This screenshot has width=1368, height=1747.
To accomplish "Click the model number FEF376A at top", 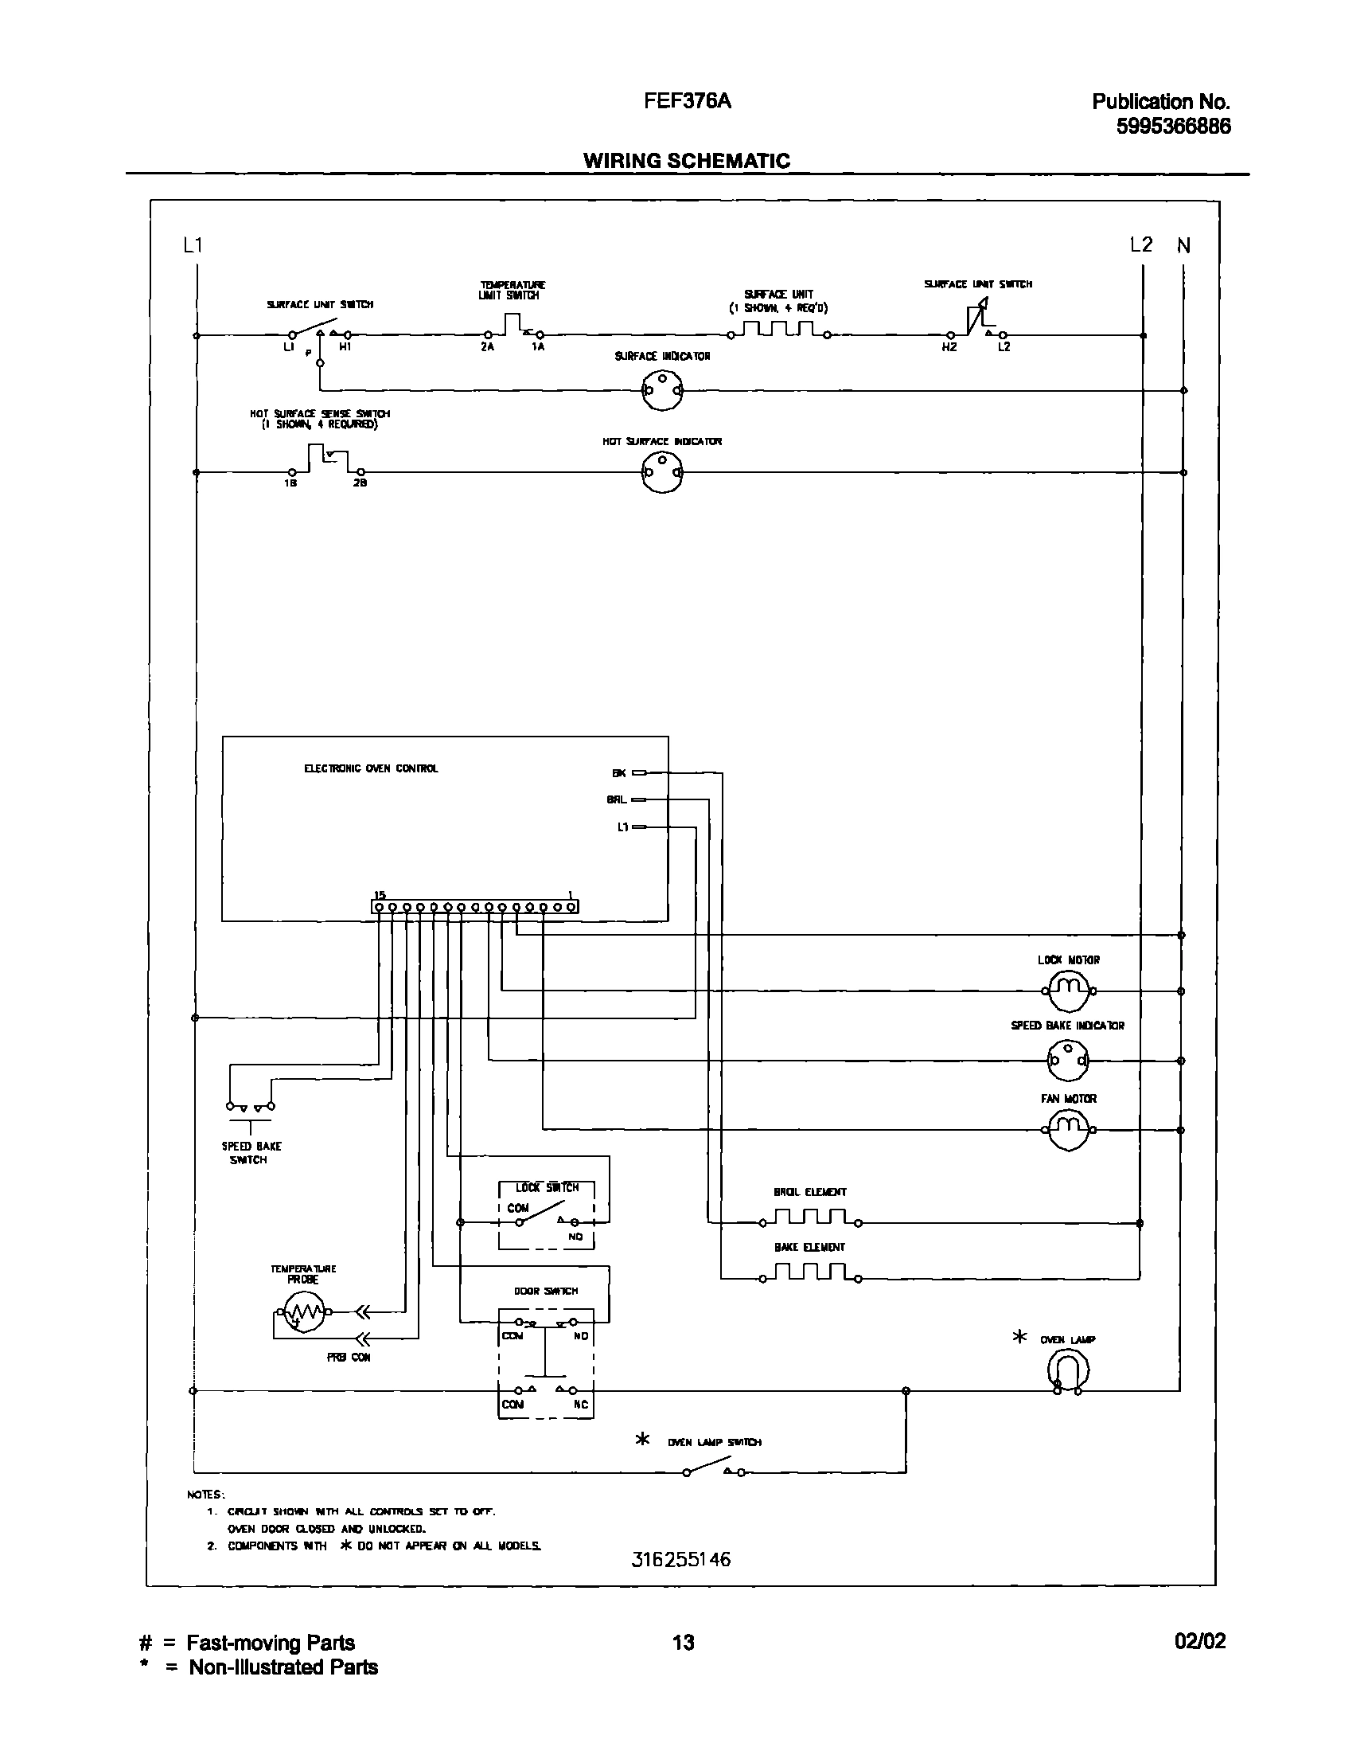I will pyautogui.click(x=688, y=101).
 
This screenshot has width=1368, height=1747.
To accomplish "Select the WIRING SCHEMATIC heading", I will pyautogui.click(x=687, y=160).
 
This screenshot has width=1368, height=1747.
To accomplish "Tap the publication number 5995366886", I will pyautogui.click(x=1173, y=127).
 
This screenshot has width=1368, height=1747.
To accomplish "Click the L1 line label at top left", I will pyautogui.click(x=193, y=245).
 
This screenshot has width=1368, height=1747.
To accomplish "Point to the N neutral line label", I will pyautogui.click(x=1183, y=246).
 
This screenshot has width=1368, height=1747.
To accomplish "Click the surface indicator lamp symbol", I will pyautogui.click(x=662, y=390).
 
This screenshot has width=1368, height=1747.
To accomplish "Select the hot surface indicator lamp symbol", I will pyautogui.click(x=662, y=473).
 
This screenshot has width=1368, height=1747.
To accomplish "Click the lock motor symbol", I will pyautogui.click(x=1069, y=991).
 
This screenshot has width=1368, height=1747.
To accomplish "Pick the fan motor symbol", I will pyautogui.click(x=1069, y=1130).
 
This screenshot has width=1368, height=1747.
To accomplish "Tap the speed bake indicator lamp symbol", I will pyautogui.click(x=1069, y=1060).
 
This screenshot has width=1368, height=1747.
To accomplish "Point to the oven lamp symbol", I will pyautogui.click(x=1069, y=1370).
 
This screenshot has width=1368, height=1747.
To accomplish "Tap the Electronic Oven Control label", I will pyautogui.click(x=371, y=768).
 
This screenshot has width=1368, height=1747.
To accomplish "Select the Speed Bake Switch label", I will pyautogui.click(x=251, y=1153).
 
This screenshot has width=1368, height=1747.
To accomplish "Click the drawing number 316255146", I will pyautogui.click(x=680, y=1559).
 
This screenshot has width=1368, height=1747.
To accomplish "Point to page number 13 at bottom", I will pyautogui.click(x=683, y=1643).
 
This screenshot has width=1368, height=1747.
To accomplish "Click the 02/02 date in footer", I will pyautogui.click(x=1200, y=1641).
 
